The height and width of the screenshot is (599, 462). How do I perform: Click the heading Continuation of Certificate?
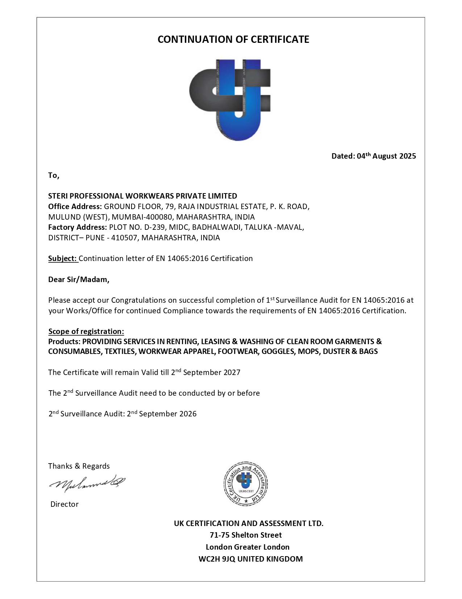(233, 39)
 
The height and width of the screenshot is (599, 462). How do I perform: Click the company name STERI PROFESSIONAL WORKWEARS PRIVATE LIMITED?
(142, 196)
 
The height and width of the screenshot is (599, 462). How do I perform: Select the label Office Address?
(75, 207)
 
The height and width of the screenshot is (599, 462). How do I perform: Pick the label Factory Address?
(77, 227)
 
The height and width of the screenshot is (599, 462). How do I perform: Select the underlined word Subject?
(63, 258)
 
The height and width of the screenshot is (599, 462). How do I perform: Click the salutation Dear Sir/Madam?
(79, 279)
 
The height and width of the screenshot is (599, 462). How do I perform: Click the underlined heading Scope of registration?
(86, 331)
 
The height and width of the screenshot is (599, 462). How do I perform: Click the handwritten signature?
(87, 483)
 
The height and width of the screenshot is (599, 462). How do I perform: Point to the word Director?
(64, 504)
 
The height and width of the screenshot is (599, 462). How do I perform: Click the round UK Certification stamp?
(246, 484)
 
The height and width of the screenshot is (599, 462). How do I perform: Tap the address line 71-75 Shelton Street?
(246, 535)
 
